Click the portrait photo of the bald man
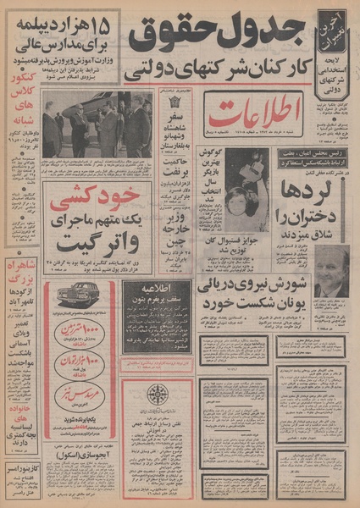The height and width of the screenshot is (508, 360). pyautogui.click(x=332, y=270)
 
